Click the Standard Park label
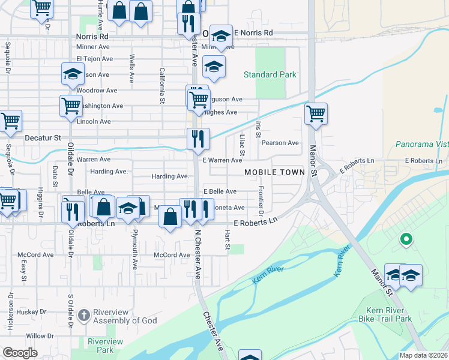coord(270,75)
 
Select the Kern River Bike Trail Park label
coord(382,314)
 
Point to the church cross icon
coord(84,315)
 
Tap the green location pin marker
coord(406,239)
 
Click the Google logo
coord(20,353)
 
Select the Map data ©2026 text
coord(424,355)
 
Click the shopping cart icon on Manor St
coord(316,113)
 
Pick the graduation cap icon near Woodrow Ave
coord(73,74)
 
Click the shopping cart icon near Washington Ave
coord(71,106)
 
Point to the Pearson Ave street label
coord(280,143)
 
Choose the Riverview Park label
coord(105,346)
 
